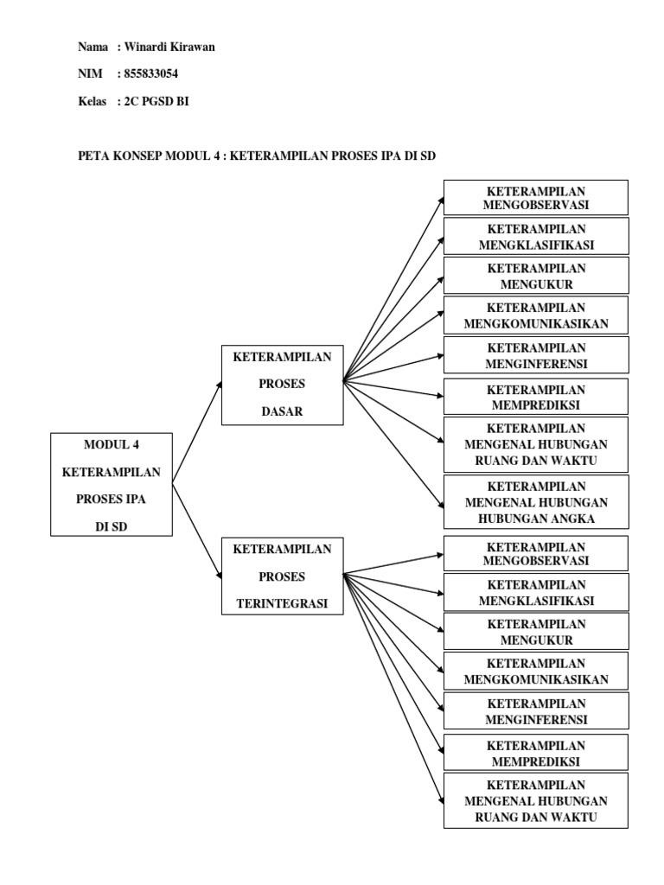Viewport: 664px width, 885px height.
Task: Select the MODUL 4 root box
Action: [x=112, y=484]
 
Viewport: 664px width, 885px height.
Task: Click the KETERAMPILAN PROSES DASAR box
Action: [x=283, y=385]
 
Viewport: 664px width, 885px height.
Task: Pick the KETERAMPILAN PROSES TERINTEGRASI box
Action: [x=283, y=576]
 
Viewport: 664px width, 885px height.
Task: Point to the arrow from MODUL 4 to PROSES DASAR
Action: [x=196, y=435]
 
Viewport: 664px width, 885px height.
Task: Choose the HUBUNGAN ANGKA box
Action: [x=535, y=502]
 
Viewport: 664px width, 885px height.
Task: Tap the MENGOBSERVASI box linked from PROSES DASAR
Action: [x=535, y=197]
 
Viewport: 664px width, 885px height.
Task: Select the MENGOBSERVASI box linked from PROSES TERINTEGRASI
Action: [x=535, y=553]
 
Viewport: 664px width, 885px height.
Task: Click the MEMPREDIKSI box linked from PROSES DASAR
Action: [x=535, y=397]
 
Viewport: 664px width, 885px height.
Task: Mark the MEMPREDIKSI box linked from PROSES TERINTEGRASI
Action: [x=535, y=753]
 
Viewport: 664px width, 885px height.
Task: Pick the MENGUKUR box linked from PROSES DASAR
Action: [x=535, y=275]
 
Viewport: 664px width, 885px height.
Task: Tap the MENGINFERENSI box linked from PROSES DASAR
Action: [x=535, y=355]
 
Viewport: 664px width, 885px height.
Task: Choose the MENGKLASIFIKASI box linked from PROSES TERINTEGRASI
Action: [x=535, y=593]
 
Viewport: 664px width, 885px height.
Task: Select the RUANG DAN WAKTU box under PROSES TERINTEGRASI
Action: [x=535, y=801]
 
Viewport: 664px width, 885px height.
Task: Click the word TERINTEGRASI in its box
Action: [x=283, y=604]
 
